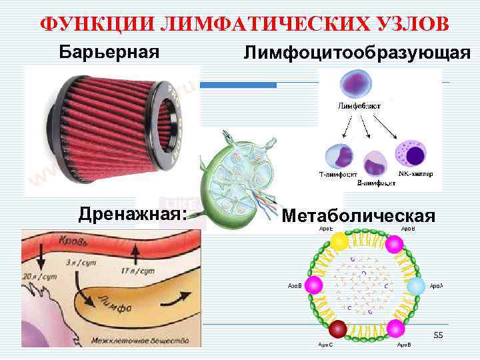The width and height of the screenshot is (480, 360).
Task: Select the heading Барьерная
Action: coord(110,51)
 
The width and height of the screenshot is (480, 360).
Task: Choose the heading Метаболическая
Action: coord(359,216)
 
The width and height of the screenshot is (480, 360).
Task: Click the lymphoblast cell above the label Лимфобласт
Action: coord(355,85)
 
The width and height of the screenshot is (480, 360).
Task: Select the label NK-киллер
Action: coord(415,174)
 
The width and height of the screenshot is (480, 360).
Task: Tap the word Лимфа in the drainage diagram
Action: coord(115,304)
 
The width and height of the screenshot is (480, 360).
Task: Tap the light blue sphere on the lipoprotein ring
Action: coord(416,287)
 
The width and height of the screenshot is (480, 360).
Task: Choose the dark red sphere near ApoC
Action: coord(339,328)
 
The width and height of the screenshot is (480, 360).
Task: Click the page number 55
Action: coord(438,334)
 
